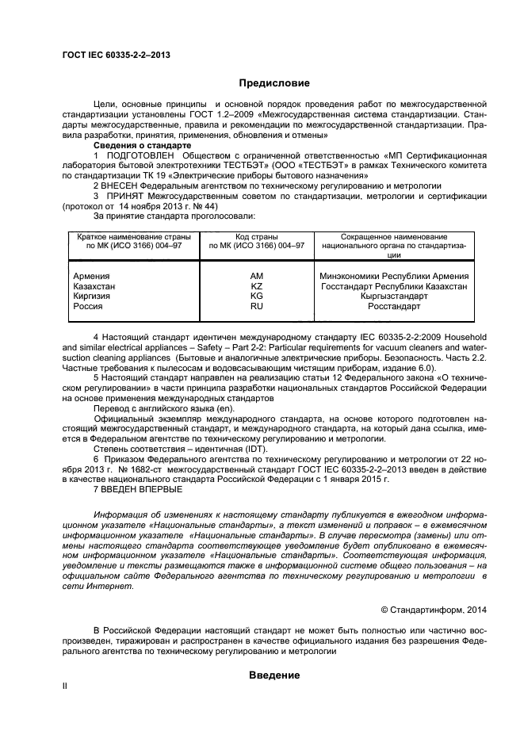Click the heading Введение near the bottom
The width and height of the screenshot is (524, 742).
[x=273, y=675]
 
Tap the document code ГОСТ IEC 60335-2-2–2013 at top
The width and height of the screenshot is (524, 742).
[x=115, y=54]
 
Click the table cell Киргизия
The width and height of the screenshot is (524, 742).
[x=91, y=296]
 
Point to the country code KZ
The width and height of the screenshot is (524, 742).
[x=256, y=285]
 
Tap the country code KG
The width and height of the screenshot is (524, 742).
[x=256, y=296]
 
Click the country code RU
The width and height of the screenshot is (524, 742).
[x=256, y=306]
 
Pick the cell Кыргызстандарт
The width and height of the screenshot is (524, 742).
[x=393, y=296]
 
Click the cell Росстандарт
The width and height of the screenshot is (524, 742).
[x=393, y=306]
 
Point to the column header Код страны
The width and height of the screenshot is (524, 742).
[x=256, y=237]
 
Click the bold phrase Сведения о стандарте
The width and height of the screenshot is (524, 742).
[x=139, y=146]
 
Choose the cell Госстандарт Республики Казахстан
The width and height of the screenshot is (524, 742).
[x=393, y=285]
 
